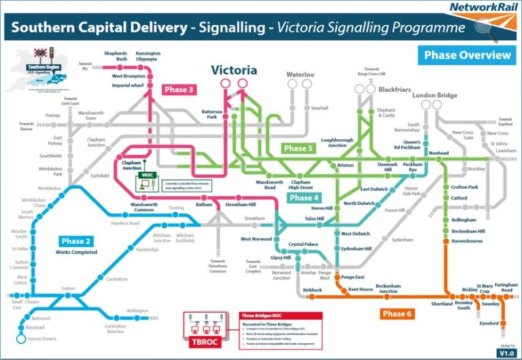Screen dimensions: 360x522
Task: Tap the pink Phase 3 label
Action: [x=179, y=89]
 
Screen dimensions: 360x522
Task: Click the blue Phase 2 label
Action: [x=76, y=241]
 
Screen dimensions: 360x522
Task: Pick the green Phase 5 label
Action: [x=298, y=148]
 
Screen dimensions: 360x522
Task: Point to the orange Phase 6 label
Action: [x=397, y=314]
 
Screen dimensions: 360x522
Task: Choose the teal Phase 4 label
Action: [x=302, y=198]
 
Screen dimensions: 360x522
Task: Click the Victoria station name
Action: [x=234, y=70]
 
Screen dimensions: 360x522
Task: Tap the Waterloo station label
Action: [x=300, y=74]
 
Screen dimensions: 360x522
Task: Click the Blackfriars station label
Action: [x=395, y=89]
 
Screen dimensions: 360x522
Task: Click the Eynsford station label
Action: [x=488, y=323]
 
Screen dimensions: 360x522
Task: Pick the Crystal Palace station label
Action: [x=304, y=245]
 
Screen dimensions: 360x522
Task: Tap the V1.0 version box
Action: [x=506, y=353]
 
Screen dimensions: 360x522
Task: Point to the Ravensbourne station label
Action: [x=467, y=240]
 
